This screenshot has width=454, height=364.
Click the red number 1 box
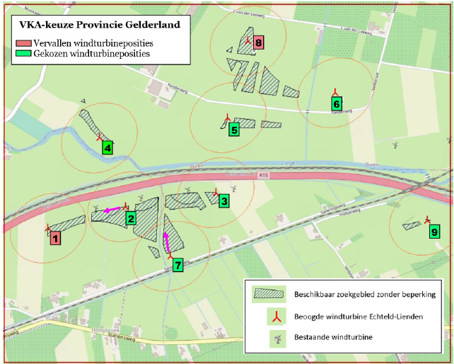point(55,239)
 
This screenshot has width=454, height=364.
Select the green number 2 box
point(131,219)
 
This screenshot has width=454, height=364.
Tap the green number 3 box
point(223,201)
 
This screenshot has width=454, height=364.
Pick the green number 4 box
point(107,147)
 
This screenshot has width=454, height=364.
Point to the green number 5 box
point(233,129)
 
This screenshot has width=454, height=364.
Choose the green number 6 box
point(337,103)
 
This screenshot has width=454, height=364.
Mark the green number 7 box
point(177,265)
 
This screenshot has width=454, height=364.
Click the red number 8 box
point(258,43)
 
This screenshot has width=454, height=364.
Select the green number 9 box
point(434,232)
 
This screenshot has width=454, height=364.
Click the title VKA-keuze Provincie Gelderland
point(99,25)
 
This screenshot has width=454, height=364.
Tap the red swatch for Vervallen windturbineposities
point(23,43)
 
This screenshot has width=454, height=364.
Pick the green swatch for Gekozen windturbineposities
point(23,53)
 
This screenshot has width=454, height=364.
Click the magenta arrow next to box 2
point(111,210)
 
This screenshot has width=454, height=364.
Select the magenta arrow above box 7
point(166,242)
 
